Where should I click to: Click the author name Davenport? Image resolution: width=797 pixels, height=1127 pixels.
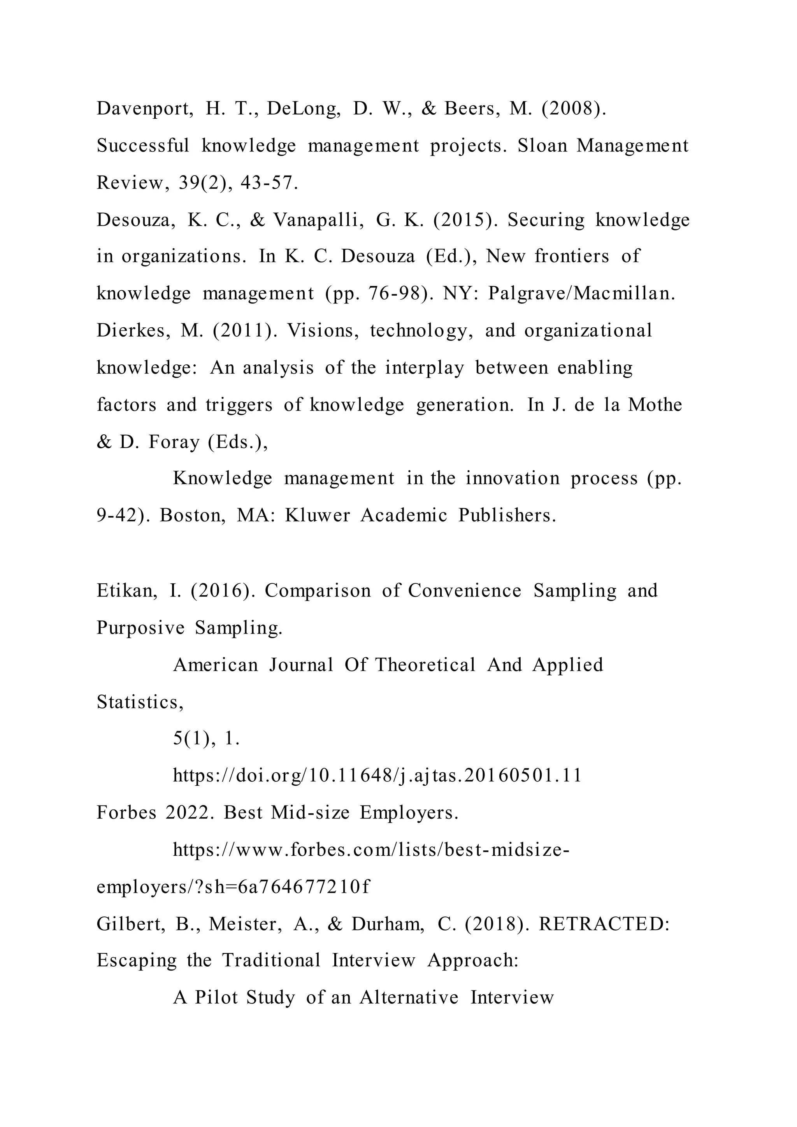pos(144,109)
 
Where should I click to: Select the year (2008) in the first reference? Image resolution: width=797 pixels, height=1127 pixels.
pos(574,109)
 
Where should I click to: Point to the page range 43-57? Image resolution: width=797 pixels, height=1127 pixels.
pos(269,183)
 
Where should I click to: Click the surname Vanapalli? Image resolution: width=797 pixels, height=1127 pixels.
pos(318,220)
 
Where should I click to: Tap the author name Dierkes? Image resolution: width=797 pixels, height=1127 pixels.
pos(133,331)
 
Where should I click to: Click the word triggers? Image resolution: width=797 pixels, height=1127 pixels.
pos(239,405)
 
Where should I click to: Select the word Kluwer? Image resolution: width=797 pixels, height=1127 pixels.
pos(317,515)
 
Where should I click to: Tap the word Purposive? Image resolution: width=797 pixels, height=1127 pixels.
pos(140,628)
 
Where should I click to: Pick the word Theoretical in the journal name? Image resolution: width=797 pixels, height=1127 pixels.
pos(425,665)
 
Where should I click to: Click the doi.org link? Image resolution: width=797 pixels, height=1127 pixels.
pos(377,776)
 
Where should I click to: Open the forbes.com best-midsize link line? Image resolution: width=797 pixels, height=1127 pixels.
pos(371,850)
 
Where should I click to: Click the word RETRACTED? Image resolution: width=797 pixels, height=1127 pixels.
pos(604,924)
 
